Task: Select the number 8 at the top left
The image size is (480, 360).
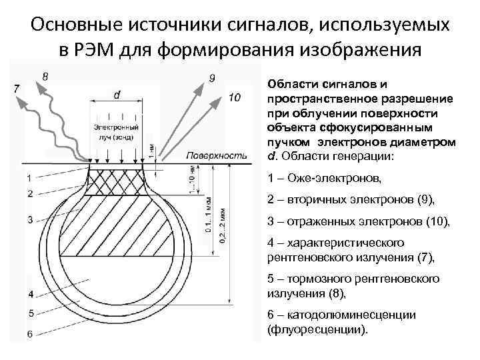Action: pos(45,77)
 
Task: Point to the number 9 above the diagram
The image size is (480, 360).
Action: pos(211,79)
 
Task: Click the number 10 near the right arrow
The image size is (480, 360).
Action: pos(234,99)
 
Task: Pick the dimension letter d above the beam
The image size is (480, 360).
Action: pos(117,95)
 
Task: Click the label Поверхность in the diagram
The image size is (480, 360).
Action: pos(217,155)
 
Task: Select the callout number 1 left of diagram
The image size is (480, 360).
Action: pos(29,177)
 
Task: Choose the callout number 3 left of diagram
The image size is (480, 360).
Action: pos(29,219)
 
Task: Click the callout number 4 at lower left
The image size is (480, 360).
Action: pos(29,294)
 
